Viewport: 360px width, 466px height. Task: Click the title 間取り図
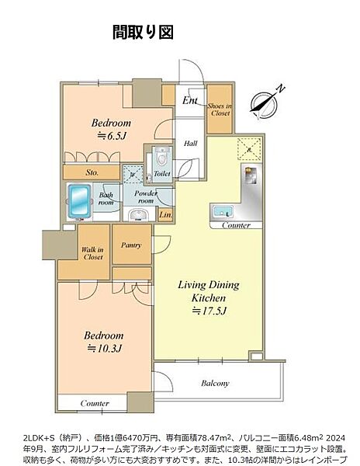[x=143, y=32]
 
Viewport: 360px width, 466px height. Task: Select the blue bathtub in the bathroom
[x=79, y=201]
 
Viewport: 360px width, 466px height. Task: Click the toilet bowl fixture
[x=161, y=158]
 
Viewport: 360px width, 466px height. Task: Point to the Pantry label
[x=131, y=245]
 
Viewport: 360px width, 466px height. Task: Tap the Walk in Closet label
[x=92, y=253]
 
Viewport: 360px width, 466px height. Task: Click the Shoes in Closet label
[x=220, y=110]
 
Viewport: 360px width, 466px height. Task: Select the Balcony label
[x=215, y=383]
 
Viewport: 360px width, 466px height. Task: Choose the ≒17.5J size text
[x=209, y=311]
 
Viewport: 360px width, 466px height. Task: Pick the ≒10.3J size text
[x=104, y=348]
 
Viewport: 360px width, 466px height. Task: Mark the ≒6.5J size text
[x=112, y=136]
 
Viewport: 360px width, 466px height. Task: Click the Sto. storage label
[x=92, y=172]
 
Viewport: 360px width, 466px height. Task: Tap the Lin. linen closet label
[x=165, y=214]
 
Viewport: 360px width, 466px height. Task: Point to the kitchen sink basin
[x=222, y=211]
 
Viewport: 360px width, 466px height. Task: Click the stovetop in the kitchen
[x=251, y=176]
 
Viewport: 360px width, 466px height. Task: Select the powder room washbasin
[x=138, y=214]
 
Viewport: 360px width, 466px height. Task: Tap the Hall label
[x=191, y=144]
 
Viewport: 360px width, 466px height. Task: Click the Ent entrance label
[x=189, y=100]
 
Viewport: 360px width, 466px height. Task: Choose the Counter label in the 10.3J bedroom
[x=95, y=403]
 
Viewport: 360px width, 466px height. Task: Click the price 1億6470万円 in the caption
[x=128, y=438]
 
